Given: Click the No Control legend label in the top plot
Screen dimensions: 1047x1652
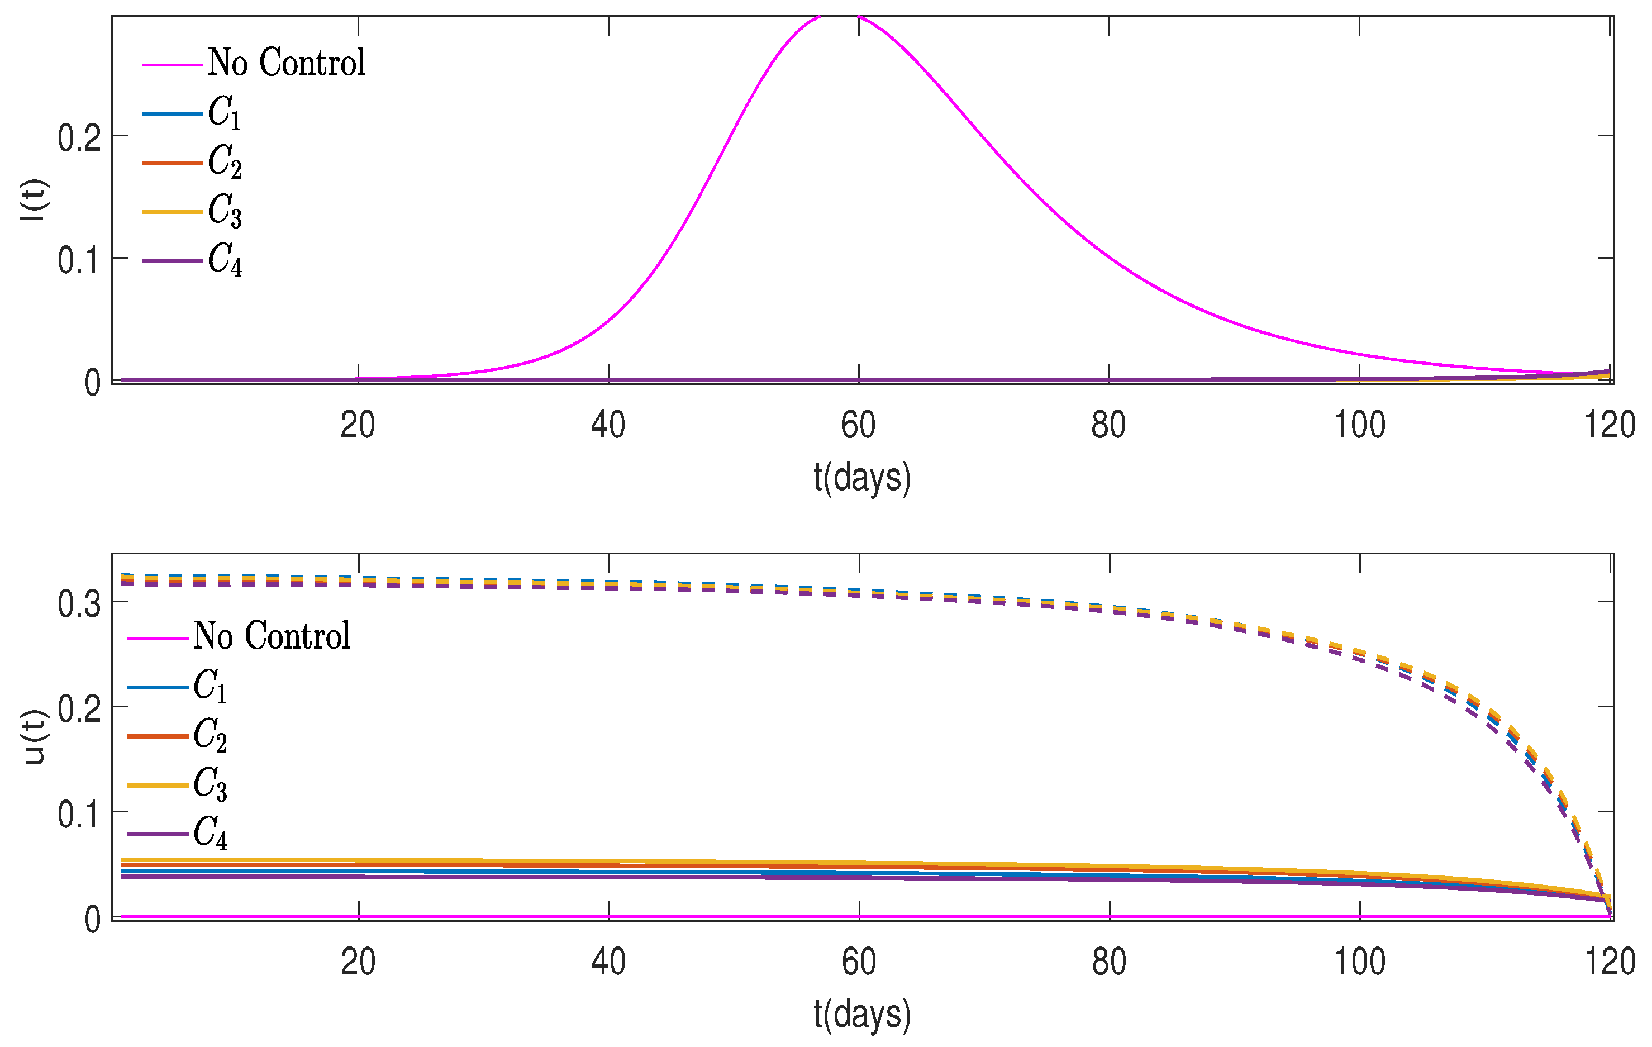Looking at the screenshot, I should tap(286, 63).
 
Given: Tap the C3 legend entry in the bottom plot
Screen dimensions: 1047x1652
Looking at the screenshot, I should tap(210, 784).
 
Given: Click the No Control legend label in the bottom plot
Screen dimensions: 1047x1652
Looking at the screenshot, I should tap(272, 635).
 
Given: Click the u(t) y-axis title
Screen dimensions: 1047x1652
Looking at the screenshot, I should tap(32, 737).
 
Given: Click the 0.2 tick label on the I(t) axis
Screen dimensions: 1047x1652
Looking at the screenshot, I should tap(79, 139).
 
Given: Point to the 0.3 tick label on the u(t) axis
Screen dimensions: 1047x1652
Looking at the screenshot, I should tap(79, 605).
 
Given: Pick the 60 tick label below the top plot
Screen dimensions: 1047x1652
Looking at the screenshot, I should tap(858, 425).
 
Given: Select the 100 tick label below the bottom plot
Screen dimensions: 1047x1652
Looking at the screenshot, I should tap(1359, 962).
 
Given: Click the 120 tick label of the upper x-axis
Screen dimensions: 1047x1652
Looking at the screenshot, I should tap(1610, 425).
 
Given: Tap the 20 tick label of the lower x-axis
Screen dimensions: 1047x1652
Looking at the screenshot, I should tap(358, 962).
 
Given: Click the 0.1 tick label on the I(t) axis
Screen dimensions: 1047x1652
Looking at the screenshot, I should tap(79, 261).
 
